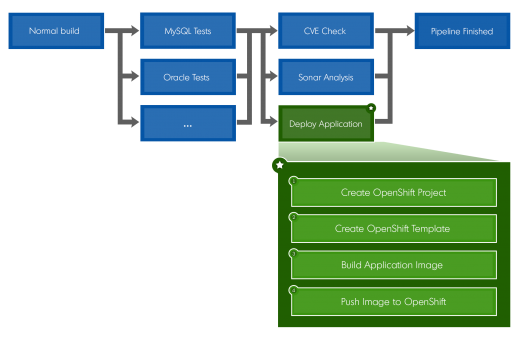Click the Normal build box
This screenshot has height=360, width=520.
(56, 31)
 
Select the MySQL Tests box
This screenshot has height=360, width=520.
(187, 31)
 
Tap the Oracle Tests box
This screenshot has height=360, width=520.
(187, 77)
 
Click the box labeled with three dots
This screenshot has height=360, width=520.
(187, 123)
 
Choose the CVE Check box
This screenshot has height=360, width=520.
(326, 31)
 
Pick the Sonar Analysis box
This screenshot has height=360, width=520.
(326, 77)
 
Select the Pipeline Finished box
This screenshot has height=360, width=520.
(462, 31)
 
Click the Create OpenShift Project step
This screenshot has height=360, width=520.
(393, 192)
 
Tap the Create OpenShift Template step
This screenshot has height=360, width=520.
(393, 229)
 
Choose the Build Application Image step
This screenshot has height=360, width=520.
(393, 265)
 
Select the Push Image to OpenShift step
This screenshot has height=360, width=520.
(393, 301)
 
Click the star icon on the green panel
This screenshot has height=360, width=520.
(279, 164)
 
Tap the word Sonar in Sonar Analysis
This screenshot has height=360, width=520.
(312, 77)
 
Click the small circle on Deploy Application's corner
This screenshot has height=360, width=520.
(372, 107)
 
